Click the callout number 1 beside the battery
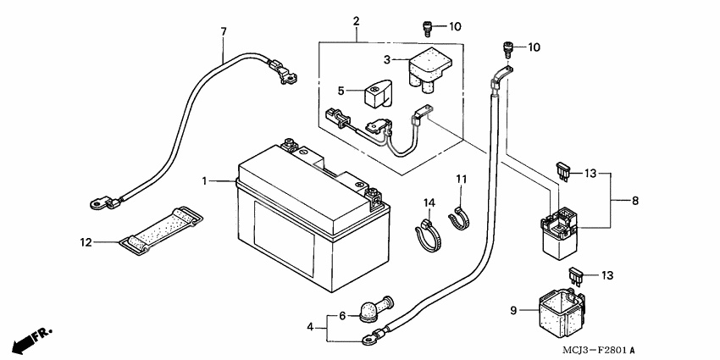point(205,180)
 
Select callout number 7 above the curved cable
point(224,32)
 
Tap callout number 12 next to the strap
point(86,242)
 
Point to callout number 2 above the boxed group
point(357,19)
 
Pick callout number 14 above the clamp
point(429,203)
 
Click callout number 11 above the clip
point(462,179)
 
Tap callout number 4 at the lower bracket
point(311,326)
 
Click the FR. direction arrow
point(30,340)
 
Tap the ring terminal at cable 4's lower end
point(368,341)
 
